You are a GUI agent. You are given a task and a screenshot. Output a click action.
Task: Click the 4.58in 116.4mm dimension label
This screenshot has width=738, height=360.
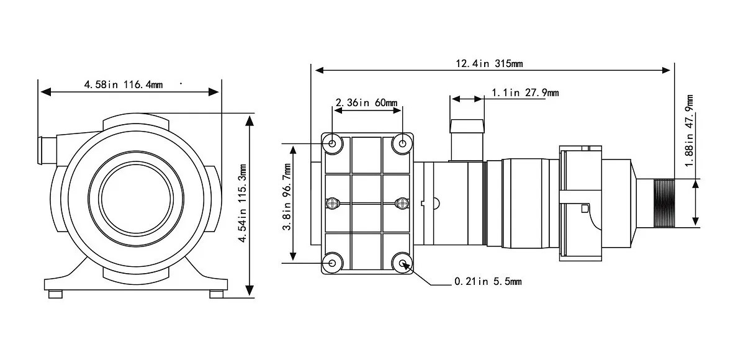click(x=123, y=84)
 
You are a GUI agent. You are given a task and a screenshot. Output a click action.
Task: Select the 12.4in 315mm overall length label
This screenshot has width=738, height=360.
click(x=489, y=63)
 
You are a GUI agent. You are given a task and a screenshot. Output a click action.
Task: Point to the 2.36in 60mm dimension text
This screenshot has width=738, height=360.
click(x=367, y=102)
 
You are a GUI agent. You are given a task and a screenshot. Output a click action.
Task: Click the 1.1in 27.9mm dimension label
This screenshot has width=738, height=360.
click(x=525, y=92)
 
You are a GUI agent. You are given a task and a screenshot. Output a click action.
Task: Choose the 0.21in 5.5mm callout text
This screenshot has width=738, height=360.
click(x=488, y=282)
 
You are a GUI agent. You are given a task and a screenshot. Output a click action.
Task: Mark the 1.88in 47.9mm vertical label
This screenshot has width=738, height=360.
click(x=689, y=130)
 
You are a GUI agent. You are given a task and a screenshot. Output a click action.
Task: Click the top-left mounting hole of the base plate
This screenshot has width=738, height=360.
click(x=333, y=144)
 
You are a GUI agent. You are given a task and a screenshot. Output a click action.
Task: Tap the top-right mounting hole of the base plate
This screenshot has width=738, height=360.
click(x=403, y=144)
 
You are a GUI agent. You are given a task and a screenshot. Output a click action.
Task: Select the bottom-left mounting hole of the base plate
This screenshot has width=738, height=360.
click(x=333, y=263)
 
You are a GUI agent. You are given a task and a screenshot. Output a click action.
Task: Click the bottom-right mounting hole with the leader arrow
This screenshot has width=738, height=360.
click(x=403, y=264)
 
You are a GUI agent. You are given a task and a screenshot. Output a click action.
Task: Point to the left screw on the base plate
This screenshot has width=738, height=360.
click(x=334, y=203)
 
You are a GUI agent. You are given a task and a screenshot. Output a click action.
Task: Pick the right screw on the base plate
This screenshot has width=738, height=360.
click(x=402, y=203)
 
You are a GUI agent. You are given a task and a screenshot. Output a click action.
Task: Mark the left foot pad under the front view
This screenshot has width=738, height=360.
click(x=56, y=294)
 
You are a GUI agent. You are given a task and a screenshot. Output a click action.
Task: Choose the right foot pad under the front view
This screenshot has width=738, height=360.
click(x=216, y=294)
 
